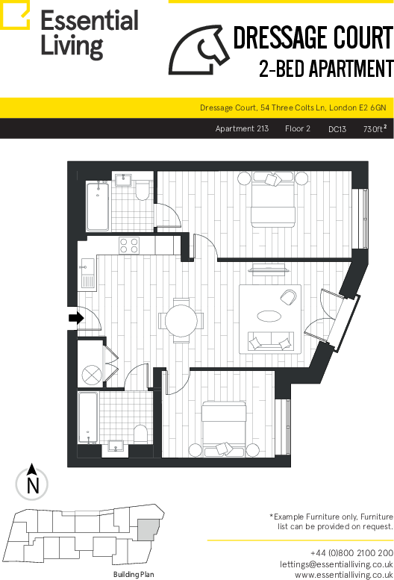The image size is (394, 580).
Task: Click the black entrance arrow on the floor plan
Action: [77, 318]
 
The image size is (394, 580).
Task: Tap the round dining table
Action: [181, 321]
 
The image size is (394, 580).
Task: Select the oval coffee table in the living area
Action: [269, 316]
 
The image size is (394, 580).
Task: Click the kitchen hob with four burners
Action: [129, 246]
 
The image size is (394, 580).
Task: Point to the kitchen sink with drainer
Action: [87, 273]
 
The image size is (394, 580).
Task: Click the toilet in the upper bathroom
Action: [142, 190]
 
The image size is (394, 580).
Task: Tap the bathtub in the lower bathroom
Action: [88, 417]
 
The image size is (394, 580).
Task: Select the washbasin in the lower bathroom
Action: [116, 447]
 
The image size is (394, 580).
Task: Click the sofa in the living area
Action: [271, 341]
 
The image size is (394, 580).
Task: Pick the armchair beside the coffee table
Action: [288, 297]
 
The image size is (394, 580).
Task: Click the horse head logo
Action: [198, 50]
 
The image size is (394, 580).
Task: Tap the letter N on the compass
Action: [33, 485]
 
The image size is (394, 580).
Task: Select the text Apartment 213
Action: [242, 128]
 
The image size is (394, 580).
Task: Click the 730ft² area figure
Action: [375, 128]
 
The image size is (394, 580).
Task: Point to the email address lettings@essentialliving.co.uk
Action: [337, 564]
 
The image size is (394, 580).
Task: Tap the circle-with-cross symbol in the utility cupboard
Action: [91, 375]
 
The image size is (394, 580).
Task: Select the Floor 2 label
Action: [298, 128]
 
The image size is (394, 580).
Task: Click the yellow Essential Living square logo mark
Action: [15, 15]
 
